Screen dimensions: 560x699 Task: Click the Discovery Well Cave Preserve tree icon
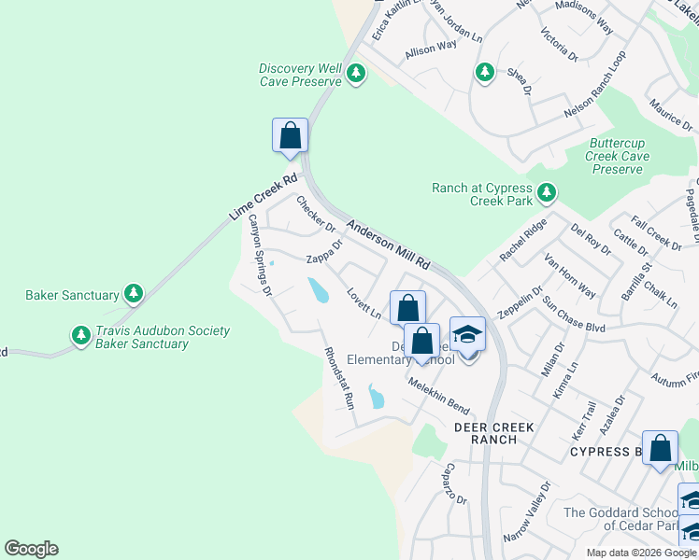click(x=355, y=74)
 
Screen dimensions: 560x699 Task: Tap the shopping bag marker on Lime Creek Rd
click(x=291, y=135)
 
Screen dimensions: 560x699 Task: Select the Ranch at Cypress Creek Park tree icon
click(x=546, y=194)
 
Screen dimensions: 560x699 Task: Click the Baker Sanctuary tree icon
click(x=134, y=295)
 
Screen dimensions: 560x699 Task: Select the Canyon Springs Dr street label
click(x=259, y=256)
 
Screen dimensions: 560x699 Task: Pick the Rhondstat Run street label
click(x=338, y=378)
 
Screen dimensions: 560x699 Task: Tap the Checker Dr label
click(x=315, y=214)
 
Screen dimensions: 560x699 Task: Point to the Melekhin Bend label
click(x=437, y=396)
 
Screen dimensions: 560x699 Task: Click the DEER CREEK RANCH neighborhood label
click(x=493, y=433)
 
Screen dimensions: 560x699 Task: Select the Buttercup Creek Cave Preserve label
click(x=618, y=157)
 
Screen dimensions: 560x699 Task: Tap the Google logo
click(x=31, y=549)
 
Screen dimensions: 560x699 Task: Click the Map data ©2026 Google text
click(x=639, y=553)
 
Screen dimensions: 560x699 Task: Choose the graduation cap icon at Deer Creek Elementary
click(x=467, y=335)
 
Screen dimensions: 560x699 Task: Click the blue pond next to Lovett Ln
click(x=319, y=290)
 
